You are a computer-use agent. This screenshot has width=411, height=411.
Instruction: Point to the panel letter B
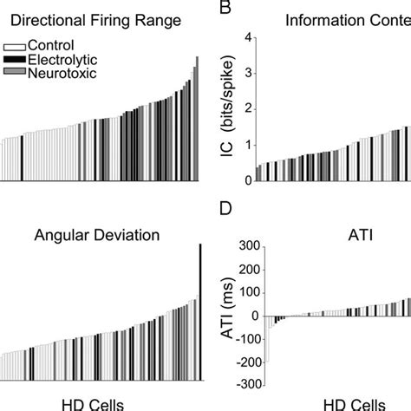[x=224, y=8]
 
